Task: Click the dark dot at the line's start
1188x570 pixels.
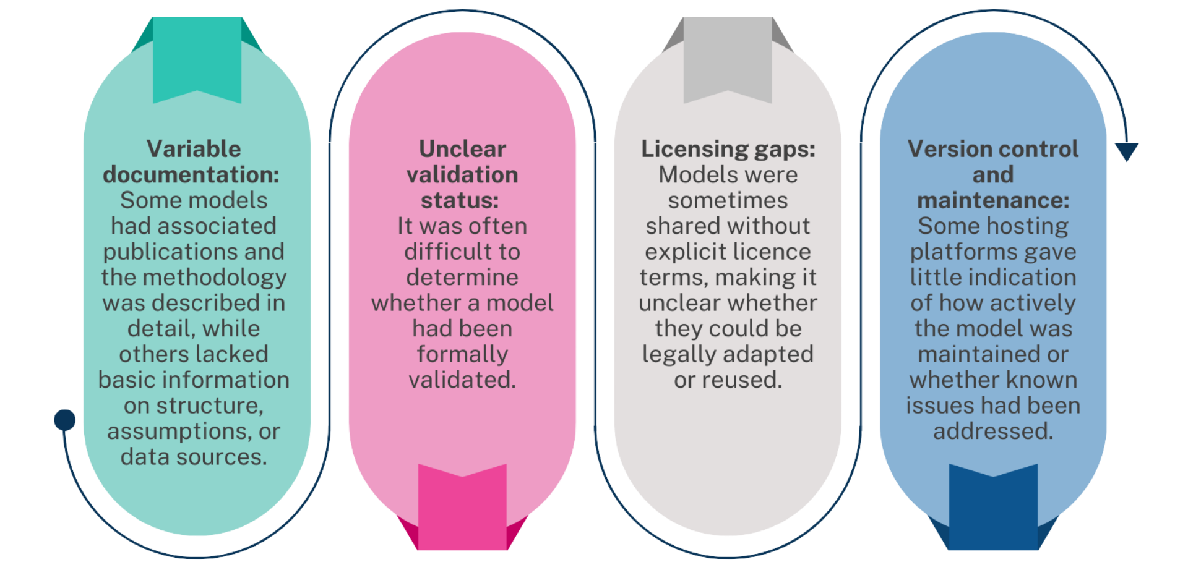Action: (65, 420)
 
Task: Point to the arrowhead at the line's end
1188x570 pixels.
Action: (1127, 151)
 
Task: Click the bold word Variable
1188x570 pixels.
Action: (194, 149)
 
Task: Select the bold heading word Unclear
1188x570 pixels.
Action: (462, 149)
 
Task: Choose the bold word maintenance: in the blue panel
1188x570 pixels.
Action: (993, 200)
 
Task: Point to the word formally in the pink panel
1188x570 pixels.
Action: (462, 354)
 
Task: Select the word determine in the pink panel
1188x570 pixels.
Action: (462, 278)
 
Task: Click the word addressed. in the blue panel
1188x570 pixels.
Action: (993, 431)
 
